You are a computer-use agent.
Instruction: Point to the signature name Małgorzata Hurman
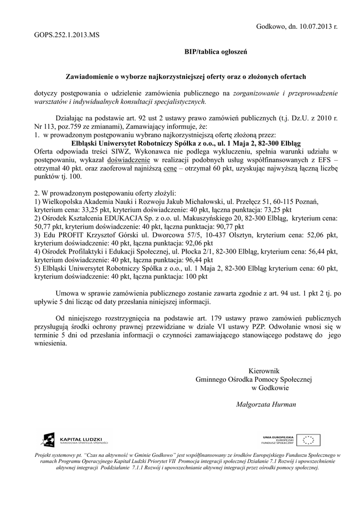coord(266,404)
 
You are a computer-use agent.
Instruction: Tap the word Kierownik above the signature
coord(264,370)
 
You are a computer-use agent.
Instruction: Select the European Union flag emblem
coord(312,440)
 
